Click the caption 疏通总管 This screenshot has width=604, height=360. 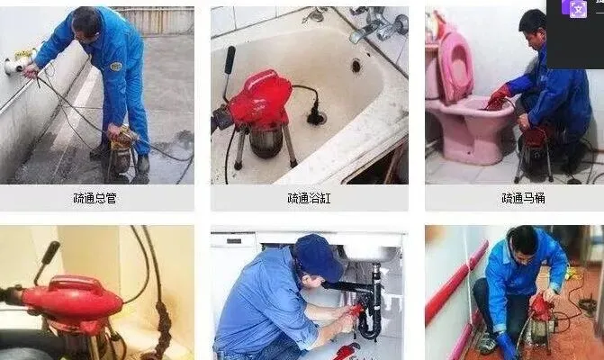pos(95,198)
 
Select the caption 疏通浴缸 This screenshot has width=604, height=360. pos(309,198)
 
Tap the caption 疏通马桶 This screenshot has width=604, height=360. pos(523,198)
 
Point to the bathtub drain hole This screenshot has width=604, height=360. pos(356,66)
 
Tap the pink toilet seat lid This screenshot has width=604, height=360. pos(455,67)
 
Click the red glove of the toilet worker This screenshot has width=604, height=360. pos(499,96)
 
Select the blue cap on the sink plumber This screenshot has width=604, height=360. pos(318,256)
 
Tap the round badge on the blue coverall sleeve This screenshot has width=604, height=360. pos(115,67)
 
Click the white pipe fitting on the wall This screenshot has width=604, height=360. pos(20,61)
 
